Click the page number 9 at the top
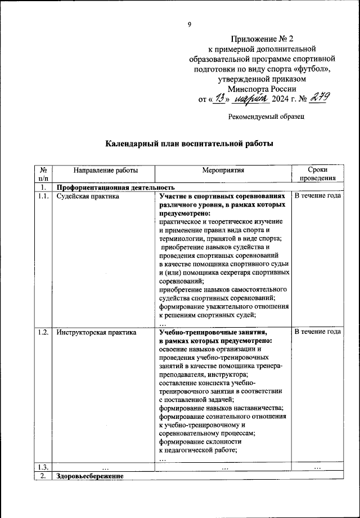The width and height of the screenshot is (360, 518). (190, 24)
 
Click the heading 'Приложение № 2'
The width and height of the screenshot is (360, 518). (263, 39)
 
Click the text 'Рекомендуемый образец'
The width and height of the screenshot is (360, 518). (267, 117)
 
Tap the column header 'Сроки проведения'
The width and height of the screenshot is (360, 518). (318, 174)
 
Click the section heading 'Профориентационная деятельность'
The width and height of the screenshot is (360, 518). (116, 187)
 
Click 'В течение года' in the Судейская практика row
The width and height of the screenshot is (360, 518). (318, 197)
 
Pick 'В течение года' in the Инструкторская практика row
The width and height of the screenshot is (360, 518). (318, 332)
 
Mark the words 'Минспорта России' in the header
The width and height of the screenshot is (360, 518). (263, 89)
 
